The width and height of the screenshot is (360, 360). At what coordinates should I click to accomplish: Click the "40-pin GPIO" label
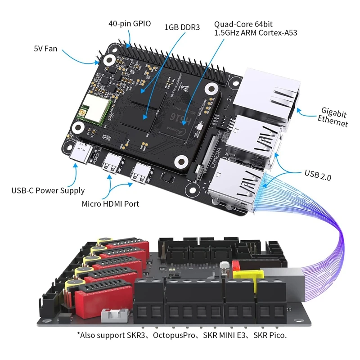point(130,23)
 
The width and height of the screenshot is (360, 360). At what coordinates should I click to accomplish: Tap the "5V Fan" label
point(45,48)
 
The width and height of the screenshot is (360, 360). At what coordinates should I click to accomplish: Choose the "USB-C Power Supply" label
point(48,190)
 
